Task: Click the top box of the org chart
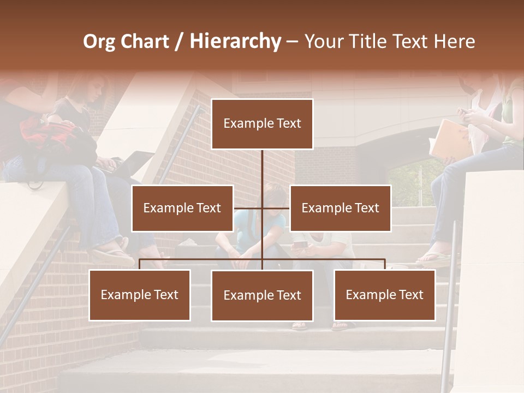click(x=262, y=124)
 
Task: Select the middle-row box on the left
click(x=182, y=208)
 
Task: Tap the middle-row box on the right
click(x=340, y=208)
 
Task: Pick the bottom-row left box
click(x=140, y=295)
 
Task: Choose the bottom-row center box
click(x=262, y=295)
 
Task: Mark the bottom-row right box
click(x=384, y=295)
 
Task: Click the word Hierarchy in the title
click(x=235, y=41)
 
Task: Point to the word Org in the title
click(x=99, y=41)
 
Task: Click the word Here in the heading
click(x=454, y=41)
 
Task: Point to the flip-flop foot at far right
click(x=437, y=259)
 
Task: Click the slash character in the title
click(x=179, y=41)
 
